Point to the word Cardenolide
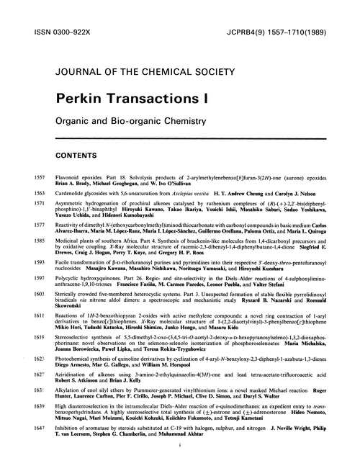[x=71, y=193]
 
